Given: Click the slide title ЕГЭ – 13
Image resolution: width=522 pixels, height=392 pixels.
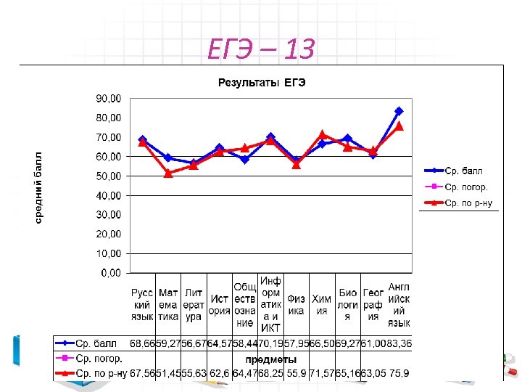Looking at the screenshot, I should [x=261, y=50].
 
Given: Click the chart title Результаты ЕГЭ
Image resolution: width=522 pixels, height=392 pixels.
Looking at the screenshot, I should [x=262, y=83].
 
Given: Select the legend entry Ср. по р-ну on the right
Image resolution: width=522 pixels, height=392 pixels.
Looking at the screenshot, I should [x=468, y=203].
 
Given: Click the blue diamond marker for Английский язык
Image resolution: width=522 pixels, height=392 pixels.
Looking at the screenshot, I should [x=399, y=111].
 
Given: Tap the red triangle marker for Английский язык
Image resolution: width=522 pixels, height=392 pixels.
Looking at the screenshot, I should [x=399, y=126].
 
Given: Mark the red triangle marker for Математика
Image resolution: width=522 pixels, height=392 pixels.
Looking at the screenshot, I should [x=168, y=173].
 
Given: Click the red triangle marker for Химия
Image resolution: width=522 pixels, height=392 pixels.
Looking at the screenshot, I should [x=322, y=134].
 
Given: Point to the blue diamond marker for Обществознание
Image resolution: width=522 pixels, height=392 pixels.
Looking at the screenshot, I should [x=245, y=160].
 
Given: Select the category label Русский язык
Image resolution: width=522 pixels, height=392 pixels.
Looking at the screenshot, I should [x=142, y=305].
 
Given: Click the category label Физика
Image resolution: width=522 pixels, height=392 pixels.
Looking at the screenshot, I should [x=296, y=305].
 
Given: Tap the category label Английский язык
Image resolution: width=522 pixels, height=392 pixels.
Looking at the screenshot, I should [x=399, y=304].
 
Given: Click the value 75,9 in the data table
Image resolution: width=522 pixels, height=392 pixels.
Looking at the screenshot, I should [x=400, y=374].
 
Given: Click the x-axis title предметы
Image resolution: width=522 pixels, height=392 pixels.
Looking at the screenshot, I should [x=270, y=359].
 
